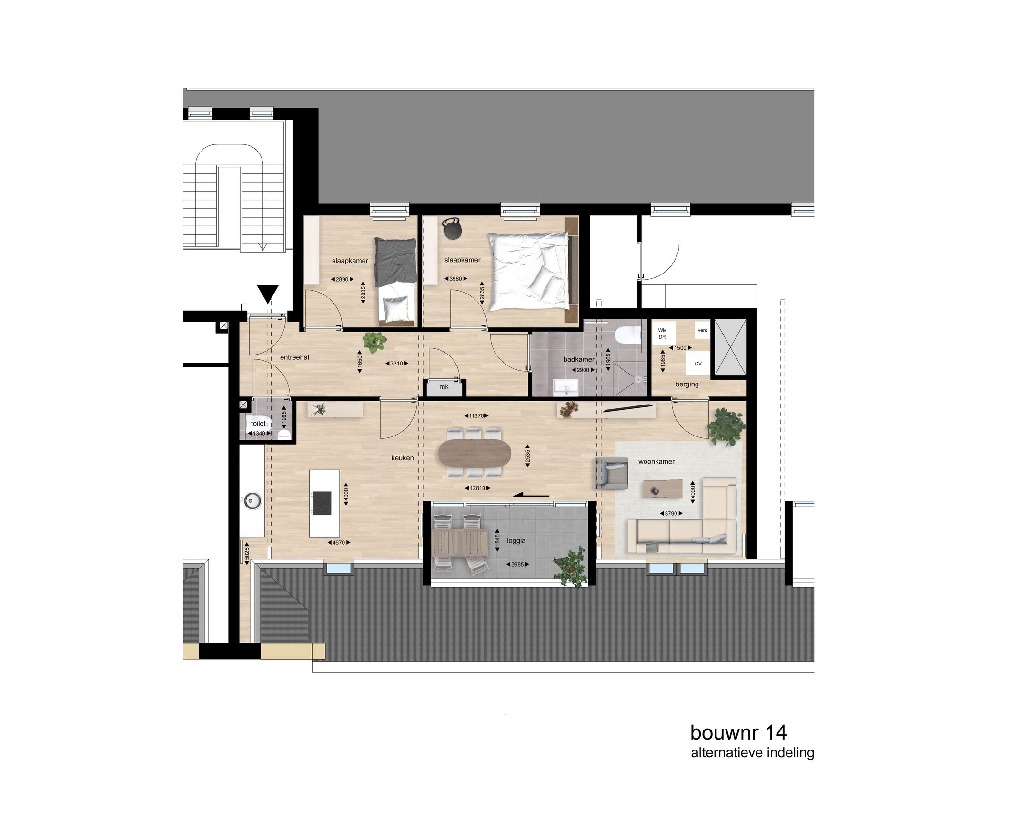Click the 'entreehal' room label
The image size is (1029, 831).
(x=294, y=357)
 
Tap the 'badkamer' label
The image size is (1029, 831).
(x=579, y=359)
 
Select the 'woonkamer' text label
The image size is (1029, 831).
(x=656, y=461)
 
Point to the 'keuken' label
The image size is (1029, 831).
(x=402, y=457)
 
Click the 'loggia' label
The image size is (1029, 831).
(x=516, y=540)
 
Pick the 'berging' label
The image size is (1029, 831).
(x=687, y=384)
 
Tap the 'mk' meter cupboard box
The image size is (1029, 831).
(x=444, y=387)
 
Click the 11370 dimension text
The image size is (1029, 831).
(x=476, y=415)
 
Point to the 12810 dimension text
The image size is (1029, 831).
(x=477, y=488)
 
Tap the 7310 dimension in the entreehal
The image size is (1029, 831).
(x=396, y=363)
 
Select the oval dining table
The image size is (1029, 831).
(x=474, y=453)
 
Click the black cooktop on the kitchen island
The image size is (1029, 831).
(x=322, y=503)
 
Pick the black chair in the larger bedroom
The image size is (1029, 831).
(x=452, y=228)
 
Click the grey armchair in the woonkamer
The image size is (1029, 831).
(x=611, y=473)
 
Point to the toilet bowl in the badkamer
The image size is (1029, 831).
(x=628, y=334)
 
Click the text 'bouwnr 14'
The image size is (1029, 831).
(x=738, y=732)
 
